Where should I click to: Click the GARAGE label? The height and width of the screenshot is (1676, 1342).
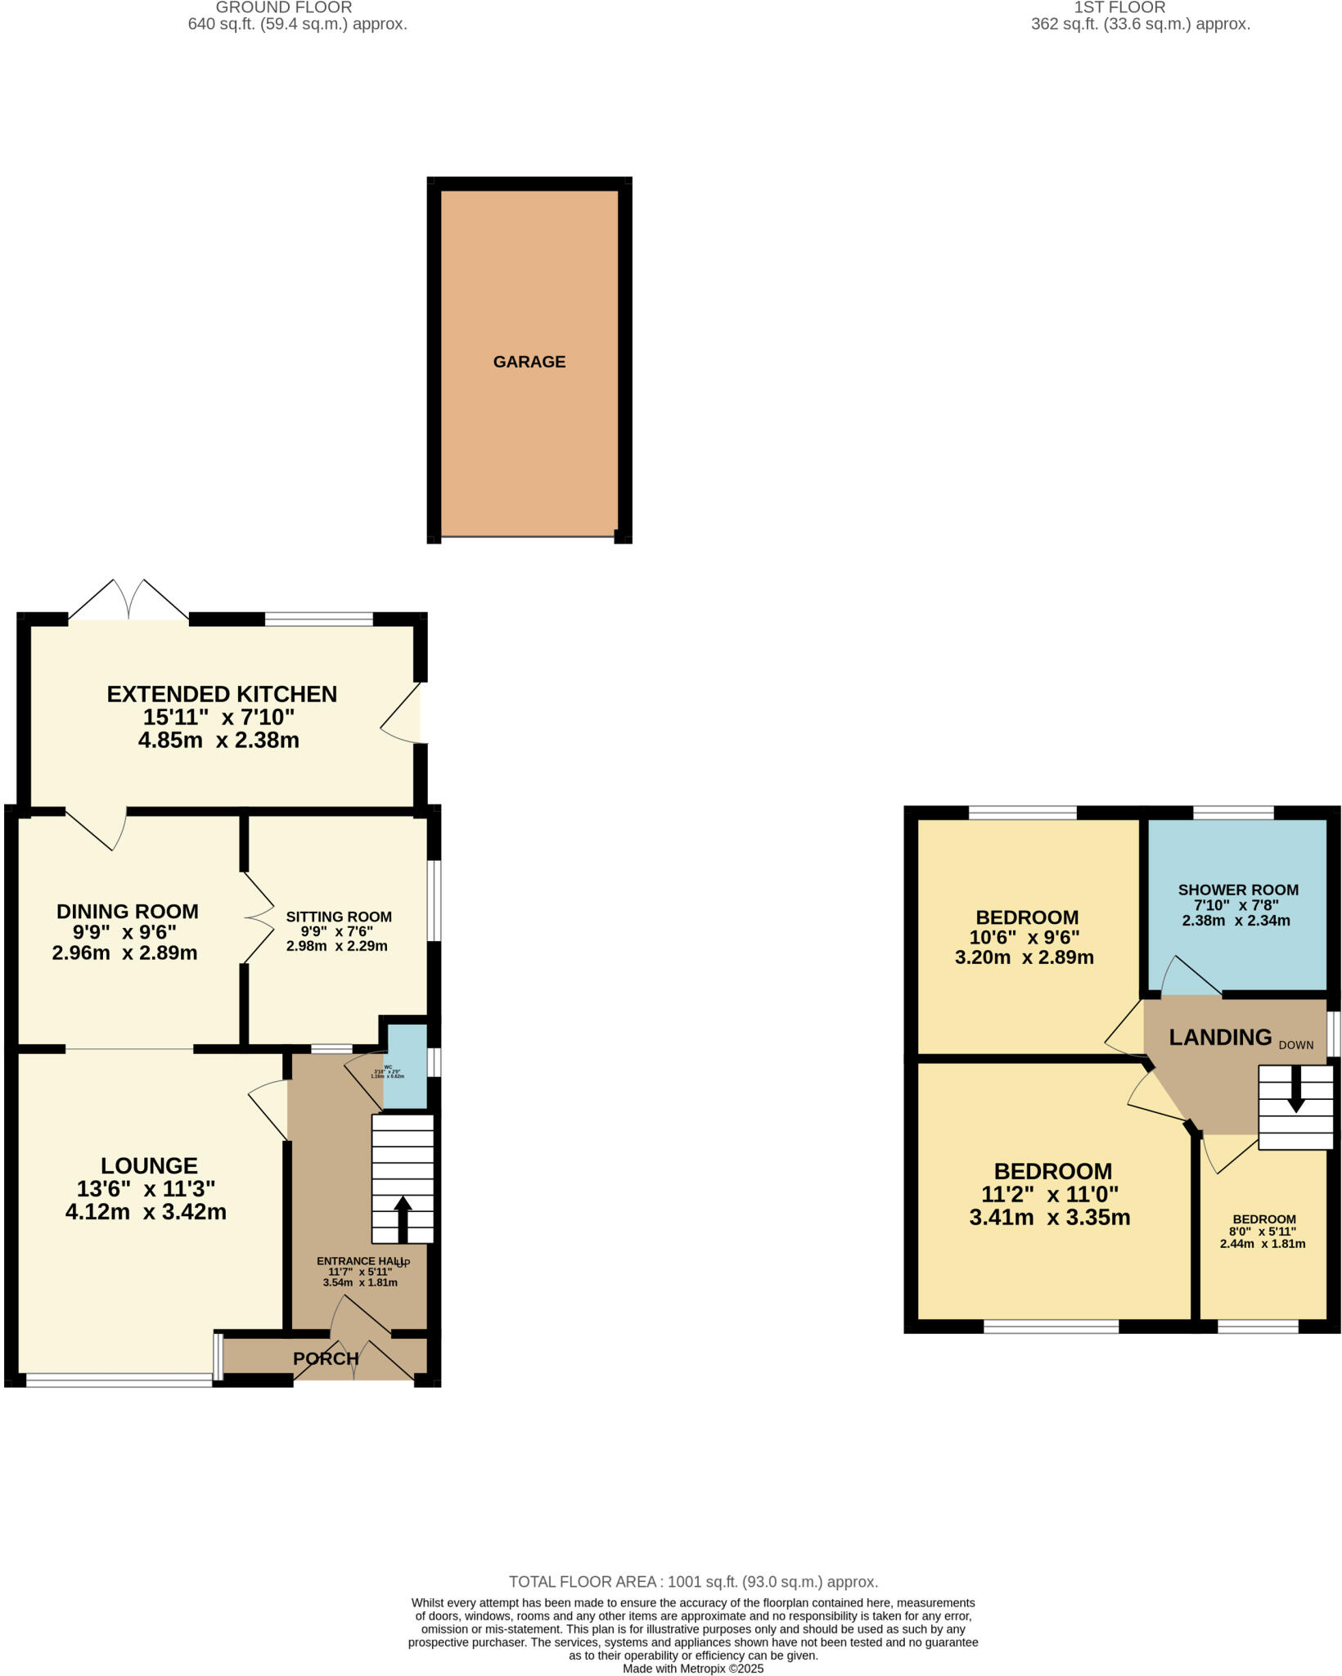click(529, 362)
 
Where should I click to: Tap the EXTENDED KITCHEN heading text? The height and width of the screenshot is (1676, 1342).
click(222, 694)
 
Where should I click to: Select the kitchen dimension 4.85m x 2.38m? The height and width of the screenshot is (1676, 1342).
click(218, 741)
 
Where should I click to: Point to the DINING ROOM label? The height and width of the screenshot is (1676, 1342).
click(127, 911)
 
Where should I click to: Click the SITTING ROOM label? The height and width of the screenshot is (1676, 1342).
click(339, 917)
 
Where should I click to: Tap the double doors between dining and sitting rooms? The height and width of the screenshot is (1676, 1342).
click(259, 917)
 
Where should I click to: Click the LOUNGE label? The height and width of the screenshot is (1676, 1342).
click(149, 1165)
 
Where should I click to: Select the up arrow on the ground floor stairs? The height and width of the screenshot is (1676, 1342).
click(403, 1219)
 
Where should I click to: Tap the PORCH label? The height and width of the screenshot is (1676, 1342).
click(326, 1358)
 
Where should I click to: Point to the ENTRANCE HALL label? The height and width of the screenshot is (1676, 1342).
click(358, 1261)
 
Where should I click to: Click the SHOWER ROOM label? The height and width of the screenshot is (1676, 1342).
click(1238, 890)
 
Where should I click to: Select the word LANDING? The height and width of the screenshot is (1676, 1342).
click(1220, 1038)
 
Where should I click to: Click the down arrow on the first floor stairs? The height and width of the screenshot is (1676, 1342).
click(1295, 1094)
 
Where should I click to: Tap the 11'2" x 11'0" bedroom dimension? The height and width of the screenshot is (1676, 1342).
click(1050, 1194)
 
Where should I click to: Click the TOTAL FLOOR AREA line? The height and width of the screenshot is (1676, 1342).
click(693, 1582)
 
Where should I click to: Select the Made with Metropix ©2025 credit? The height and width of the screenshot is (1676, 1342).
click(693, 1669)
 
